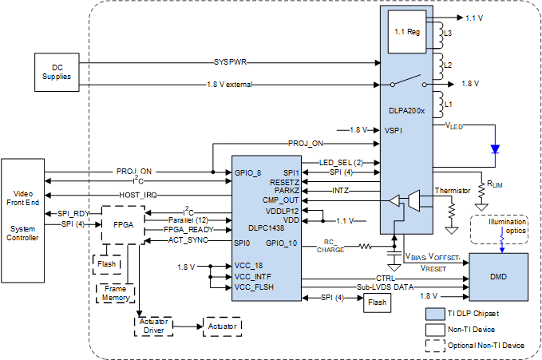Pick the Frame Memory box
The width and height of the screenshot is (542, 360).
[115, 291]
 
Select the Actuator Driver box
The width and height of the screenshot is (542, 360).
[153, 326]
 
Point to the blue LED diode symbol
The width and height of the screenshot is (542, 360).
[494, 148]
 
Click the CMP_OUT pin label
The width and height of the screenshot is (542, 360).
[283, 200]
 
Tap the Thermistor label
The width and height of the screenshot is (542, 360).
[453, 191]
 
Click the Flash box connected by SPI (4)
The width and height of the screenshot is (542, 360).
[376, 303]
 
